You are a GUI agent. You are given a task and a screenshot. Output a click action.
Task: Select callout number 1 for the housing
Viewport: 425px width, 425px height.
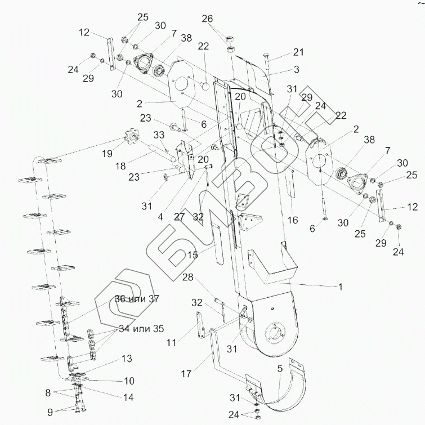pos(339,287)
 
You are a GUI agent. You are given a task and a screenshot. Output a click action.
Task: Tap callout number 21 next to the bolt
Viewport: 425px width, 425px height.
pos(298,52)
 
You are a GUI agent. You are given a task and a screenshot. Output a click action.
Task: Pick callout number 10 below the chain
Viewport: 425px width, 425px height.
pos(129,381)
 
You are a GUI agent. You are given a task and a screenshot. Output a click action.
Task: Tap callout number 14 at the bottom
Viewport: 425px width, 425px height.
pos(129,397)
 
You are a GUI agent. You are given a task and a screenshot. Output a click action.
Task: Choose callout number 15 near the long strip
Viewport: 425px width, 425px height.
pos(193,254)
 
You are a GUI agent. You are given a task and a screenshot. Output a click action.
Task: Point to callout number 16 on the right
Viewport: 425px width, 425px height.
pos(293,220)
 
